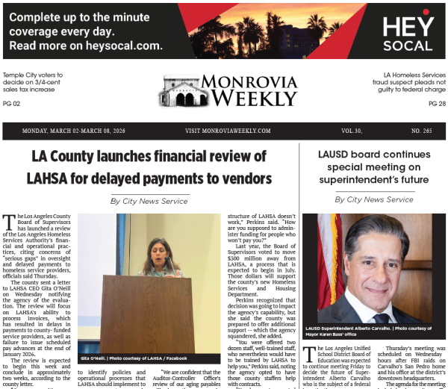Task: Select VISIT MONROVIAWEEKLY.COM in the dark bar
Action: click(x=228, y=131)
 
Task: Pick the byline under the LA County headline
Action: click(x=149, y=201)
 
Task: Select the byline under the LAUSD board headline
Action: click(x=373, y=199)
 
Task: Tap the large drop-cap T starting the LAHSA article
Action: click(x=7, y=221)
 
